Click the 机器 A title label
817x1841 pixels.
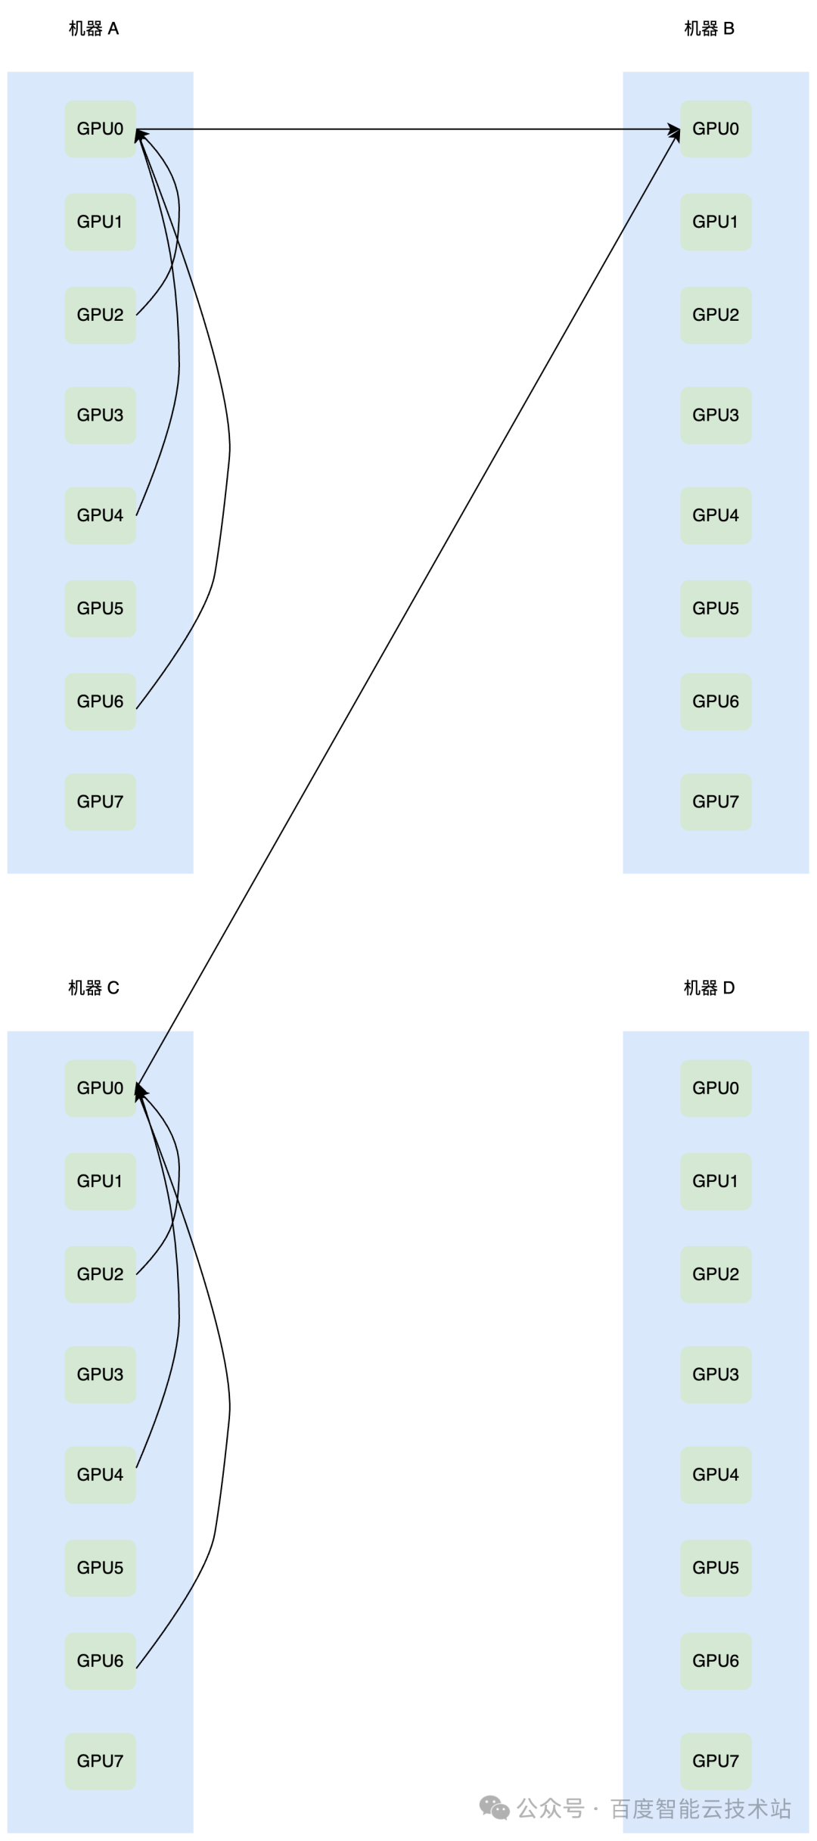[94, 29]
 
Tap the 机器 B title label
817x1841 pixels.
[709, 29]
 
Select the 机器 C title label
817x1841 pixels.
[94, 987]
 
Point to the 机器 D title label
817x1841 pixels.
[709, 987]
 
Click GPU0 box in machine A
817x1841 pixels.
[100, 129]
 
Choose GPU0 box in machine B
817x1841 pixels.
[716, 129]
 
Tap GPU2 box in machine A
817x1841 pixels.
[100, 315]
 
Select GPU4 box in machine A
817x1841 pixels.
[100, 515]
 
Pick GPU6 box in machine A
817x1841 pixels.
[100, 701]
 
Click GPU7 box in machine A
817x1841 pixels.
[100, 801]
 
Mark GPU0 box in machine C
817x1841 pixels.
[100, 1088]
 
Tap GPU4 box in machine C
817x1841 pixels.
[100, 1474]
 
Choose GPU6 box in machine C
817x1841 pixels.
[100, 1660]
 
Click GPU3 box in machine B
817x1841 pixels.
[716, 415]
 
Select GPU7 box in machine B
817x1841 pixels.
[716, 801]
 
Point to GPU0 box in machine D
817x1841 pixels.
[716, 1088]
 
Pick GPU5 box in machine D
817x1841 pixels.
[716, 1567]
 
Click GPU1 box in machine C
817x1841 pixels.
[100, 1181]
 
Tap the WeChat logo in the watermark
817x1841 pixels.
[494, 1808]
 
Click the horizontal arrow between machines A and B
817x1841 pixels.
[408, 129]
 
